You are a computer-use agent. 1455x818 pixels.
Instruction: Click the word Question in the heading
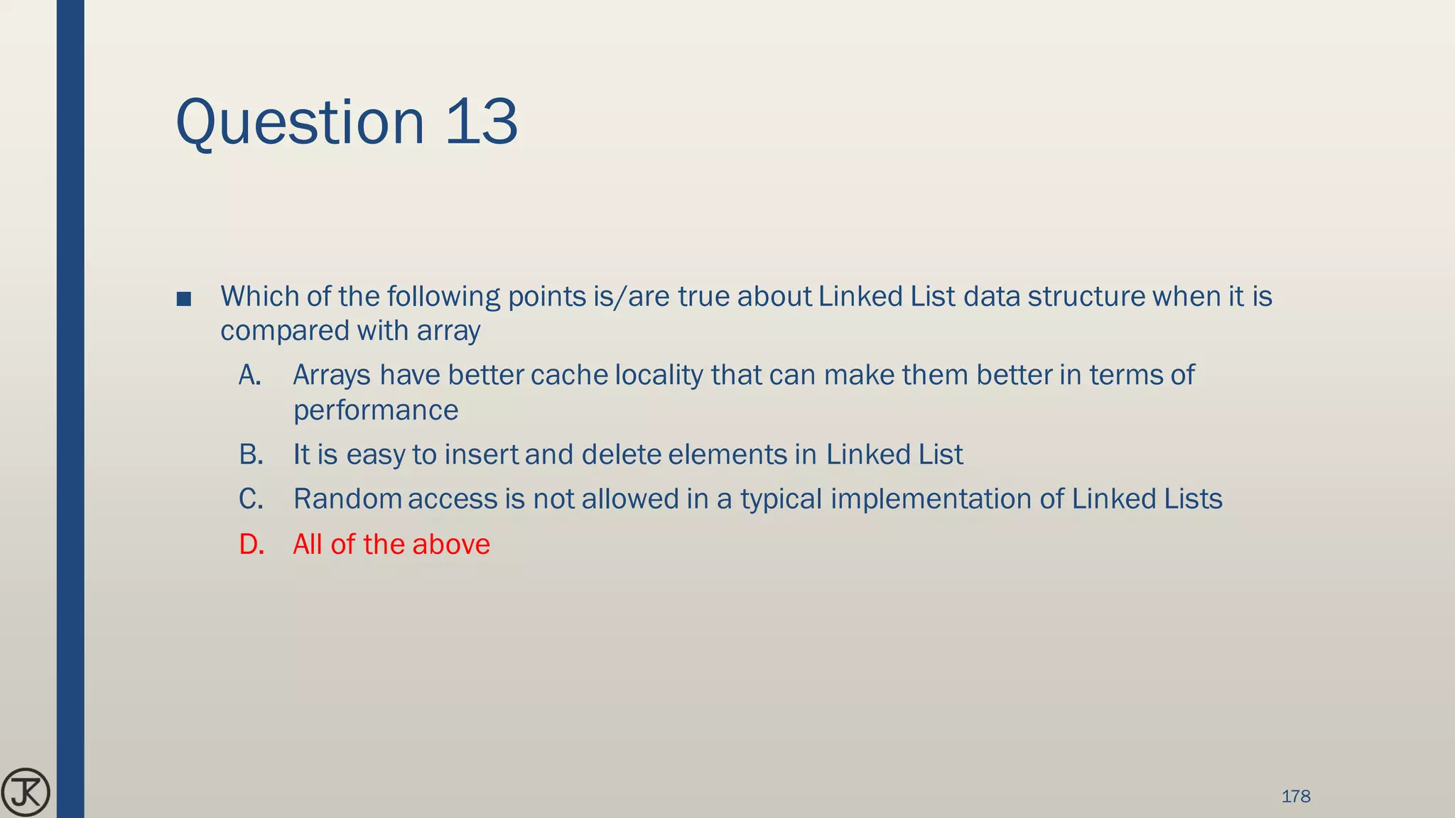click(x=300, y=123)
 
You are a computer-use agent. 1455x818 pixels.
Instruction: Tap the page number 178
click(x=1295, y=796)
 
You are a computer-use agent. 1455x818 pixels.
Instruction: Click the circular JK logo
click(x=26, y=792)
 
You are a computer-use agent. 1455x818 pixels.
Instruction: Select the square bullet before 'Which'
click(x=183, y=299)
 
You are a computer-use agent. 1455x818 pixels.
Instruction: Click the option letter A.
click(x=249, y=375)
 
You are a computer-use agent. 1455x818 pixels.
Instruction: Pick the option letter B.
click(x=251, y=454)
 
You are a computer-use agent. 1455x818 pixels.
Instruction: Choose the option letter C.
click(x=251, y=499)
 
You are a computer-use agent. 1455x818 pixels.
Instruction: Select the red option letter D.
click(x=251, y=545)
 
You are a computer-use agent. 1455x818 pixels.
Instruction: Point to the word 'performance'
click(x=376, y=410)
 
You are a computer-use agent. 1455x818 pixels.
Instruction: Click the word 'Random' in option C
click(x=348, y=499)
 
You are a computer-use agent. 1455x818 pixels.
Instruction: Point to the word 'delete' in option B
click(x=620, y=454)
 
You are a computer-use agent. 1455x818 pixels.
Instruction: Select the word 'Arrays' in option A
click(x=332, y=375)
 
